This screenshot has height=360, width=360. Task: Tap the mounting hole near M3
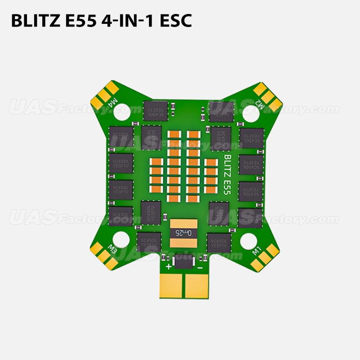pyautogui.click(x=121, y=239)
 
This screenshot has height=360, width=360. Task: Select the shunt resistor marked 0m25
pyautogui.click(x=183, y=233)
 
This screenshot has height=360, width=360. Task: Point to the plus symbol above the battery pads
pyautogui.click(x=169, y=267)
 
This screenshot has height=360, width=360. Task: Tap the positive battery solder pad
pyautogui.click(x=172, y=286)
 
